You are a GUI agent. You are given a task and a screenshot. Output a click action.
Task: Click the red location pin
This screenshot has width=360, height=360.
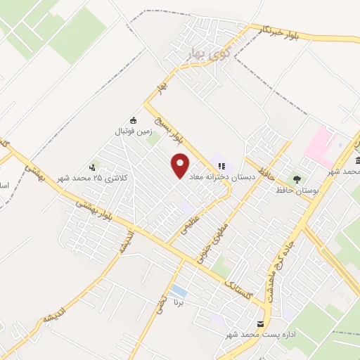tap(181, 165)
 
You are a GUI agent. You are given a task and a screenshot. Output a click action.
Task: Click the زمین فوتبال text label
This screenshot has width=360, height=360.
tap(134, 131)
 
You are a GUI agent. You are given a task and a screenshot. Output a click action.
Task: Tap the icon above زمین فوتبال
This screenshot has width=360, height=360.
tap(134, 120)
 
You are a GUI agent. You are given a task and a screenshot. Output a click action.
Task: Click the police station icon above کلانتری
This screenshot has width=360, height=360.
tap(92, 167)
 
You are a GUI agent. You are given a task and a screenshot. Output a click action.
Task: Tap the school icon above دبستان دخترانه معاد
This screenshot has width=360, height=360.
tap(222, 167)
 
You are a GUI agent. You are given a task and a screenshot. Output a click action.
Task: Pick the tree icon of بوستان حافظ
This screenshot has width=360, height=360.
tap(297, 179)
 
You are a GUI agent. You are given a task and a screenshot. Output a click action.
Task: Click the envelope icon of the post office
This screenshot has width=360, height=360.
tap(262, 324)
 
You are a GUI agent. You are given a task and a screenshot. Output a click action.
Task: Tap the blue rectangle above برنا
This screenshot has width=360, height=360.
tap(179, 290)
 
